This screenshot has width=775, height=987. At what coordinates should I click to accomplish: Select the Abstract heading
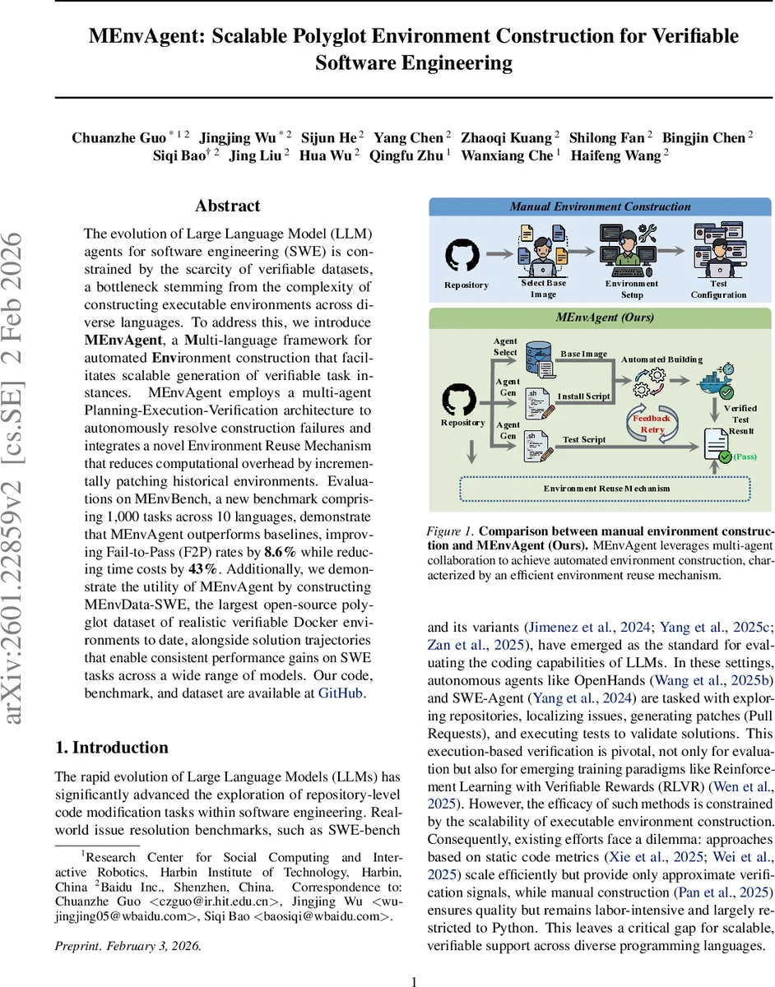[x=227, y=206]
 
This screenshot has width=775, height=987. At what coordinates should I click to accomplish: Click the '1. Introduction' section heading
[x=111, y=747]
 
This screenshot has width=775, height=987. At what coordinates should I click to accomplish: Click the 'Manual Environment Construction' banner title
[x=601, y=206]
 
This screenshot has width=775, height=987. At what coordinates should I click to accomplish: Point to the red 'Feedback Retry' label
[x=652, y=424]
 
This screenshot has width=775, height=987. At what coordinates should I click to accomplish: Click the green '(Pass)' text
[x=745, y=456]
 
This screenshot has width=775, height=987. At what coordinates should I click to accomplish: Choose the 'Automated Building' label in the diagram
[x=661, y=359]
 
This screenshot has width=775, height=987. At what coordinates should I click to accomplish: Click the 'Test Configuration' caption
[x=718, y=289]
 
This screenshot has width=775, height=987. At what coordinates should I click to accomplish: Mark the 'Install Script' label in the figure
[x=583, y=396]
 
